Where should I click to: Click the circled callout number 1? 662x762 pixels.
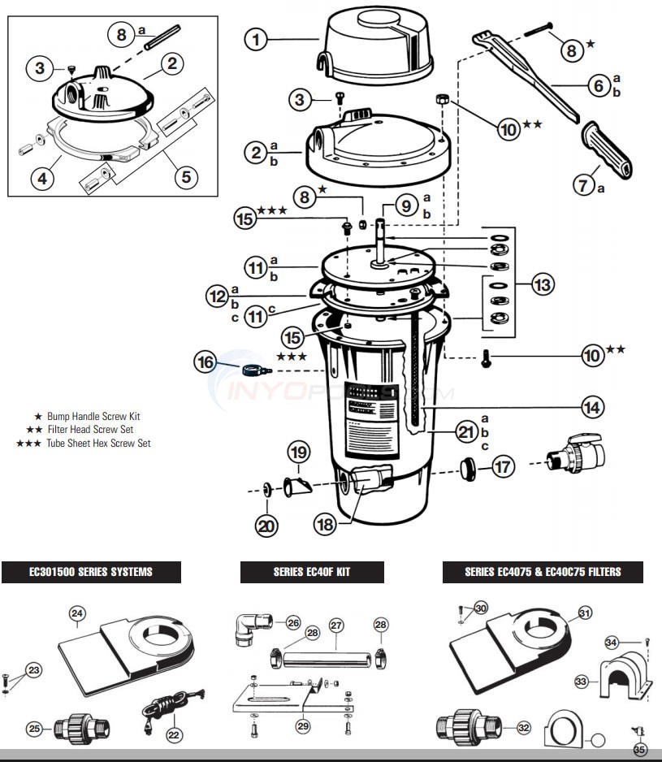[256, 38]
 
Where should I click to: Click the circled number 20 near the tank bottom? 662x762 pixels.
[266, 526]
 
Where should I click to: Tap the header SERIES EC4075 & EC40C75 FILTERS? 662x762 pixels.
[542, 572]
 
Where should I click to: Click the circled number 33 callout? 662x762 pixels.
[581, 681]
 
